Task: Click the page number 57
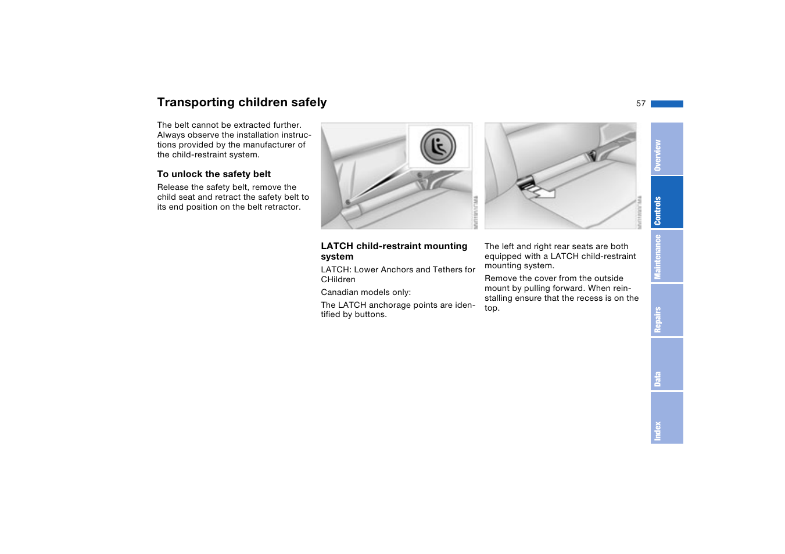(x=640, y=103)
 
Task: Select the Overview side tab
(x=666, y=149)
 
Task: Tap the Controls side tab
(x=666, y=202)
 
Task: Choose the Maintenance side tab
(x=666, y=256)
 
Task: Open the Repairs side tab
(x=666, y=310)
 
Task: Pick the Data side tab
(x=666, y=364)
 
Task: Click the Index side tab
(x=666, y=418)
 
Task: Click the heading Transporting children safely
(x=242, y=102)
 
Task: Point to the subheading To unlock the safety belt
(x=214, y=174)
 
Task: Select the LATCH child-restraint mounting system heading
(x=394, y=251)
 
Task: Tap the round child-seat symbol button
(x=438, y=146)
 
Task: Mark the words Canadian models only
(x=365, y=292)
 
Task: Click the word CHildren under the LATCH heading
(x=338, y=279)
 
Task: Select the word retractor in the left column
(x=282, y=207)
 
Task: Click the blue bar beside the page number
(x=666, y=104)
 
